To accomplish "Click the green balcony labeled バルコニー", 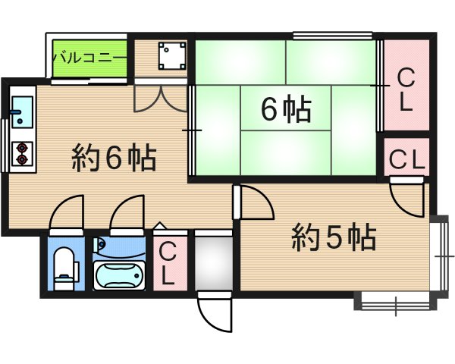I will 88,58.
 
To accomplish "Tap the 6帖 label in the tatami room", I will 285,111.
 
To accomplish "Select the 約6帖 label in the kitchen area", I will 114,158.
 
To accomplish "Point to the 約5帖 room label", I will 334,239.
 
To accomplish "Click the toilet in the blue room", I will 66,265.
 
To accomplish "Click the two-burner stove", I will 22,153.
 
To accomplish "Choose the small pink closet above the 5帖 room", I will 406,158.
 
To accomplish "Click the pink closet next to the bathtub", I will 168,262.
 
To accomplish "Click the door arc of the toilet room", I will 66,212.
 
